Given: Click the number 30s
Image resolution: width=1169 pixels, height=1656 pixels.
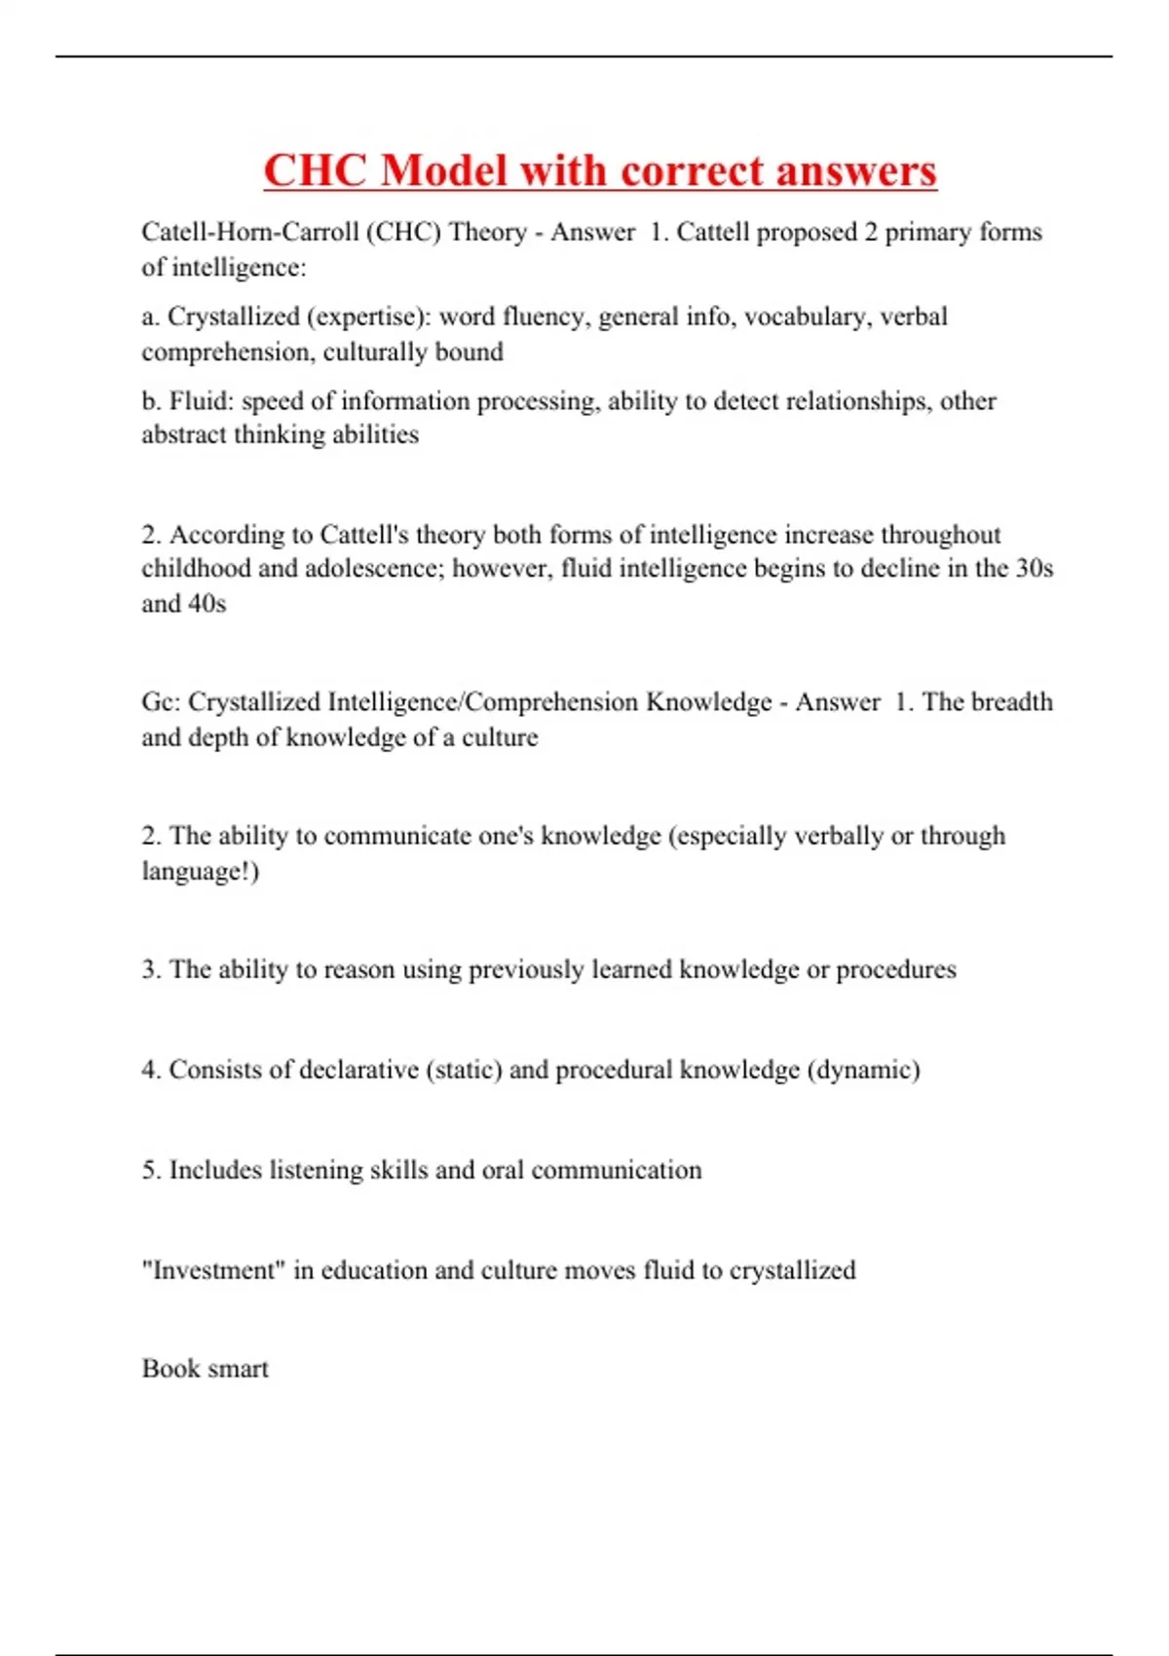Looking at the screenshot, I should click(x=1035, y=568).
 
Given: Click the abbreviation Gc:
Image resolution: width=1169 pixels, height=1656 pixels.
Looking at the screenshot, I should click(x=161, y=702).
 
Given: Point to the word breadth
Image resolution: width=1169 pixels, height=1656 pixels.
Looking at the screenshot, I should click(x=1012, y=702).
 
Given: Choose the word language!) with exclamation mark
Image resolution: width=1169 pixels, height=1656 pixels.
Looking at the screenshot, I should click(x=201, y=871).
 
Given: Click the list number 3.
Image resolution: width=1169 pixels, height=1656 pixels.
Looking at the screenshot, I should click(x=151, y=970).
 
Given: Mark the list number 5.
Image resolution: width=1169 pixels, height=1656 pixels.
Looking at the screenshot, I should click(x=151, y=1170).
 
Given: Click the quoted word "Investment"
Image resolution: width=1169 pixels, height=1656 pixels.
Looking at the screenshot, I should click(x=209, y=1270).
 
